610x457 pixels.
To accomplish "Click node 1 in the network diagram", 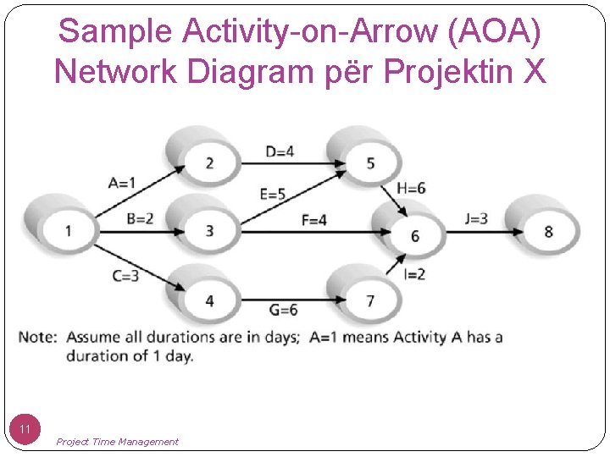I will tap(69, 229).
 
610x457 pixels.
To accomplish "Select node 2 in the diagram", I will tap(209, 162).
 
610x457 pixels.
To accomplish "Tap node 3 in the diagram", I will tap(209, 230).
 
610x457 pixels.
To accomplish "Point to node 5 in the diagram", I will tap(370, 162).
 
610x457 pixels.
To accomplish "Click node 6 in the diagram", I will tap(414, 235).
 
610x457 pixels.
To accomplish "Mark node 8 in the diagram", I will tap(548, 230).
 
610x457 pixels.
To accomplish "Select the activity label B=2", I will tap(140, 218).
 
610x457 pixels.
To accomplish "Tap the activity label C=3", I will tap(125, 276).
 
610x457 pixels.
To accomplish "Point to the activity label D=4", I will tap(280, 151).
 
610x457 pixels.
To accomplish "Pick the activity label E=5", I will tap(273, 194).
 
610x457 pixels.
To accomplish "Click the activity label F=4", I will tap(314, 220).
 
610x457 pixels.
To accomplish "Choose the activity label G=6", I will tap(282, 310).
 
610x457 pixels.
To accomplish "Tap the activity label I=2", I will tap(414, 273).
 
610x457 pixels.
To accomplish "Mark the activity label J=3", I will tap(476, 218).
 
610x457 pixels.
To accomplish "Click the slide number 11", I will tap(26, 430).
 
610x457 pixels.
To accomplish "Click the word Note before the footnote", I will tap(37, 337).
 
